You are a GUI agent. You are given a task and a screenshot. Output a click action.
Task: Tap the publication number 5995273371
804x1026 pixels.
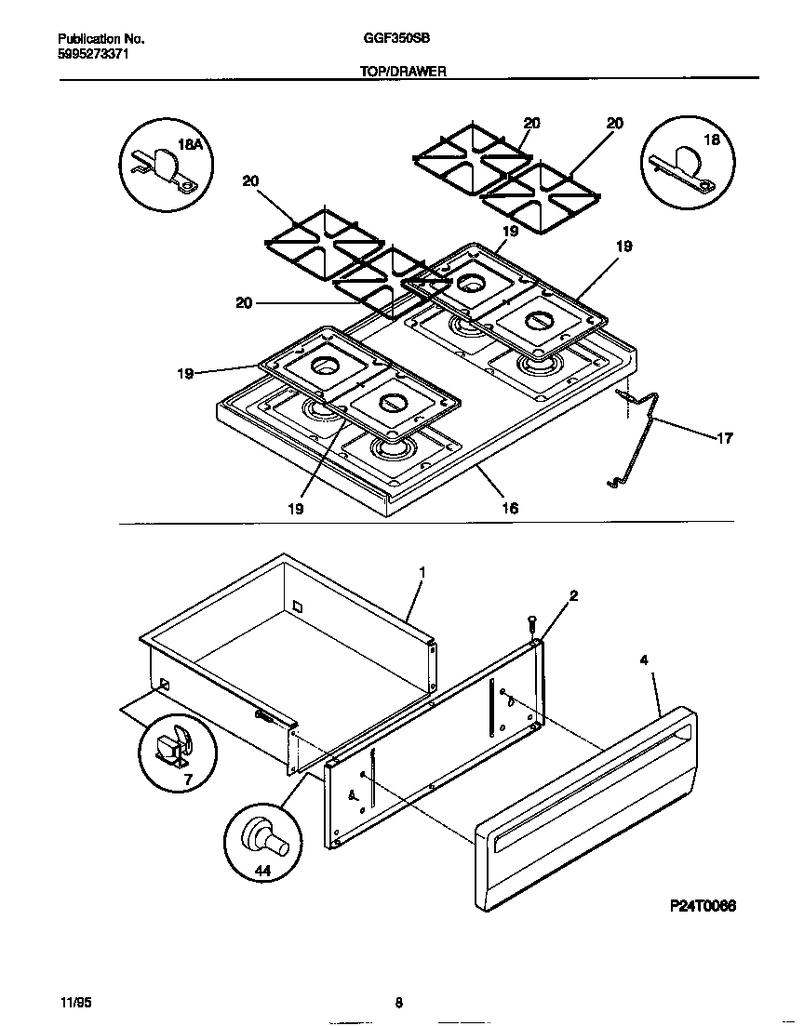90,55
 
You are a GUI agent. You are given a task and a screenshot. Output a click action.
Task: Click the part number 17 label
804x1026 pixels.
725,438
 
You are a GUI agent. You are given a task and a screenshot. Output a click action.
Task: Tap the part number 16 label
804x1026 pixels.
510,508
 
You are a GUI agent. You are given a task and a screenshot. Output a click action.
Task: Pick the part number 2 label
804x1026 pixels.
574,596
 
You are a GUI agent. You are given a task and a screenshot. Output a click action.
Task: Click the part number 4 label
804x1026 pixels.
644,660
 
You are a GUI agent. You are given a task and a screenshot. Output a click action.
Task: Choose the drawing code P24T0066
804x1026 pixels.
703,906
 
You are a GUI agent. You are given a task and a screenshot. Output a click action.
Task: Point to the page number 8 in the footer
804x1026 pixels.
398,1003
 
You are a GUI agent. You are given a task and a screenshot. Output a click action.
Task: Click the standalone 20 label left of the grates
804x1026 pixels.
244,302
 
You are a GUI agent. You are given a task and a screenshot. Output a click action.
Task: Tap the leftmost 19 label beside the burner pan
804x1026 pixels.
185,373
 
